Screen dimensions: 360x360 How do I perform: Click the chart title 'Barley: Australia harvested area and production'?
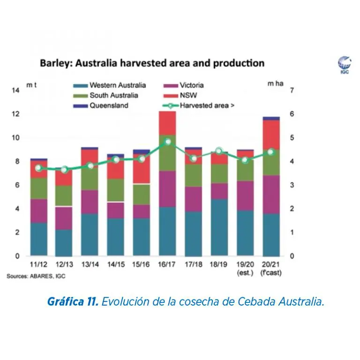[152, 63]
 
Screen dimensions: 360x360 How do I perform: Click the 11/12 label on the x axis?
[38, 264]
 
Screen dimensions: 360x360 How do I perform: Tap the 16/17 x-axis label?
[167, 264]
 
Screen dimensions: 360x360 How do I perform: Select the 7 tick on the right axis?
[292, 90]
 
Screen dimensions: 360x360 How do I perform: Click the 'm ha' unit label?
[276, 83]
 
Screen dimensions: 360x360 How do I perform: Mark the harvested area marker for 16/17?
[167, 141]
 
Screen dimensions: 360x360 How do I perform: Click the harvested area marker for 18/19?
[218, 151]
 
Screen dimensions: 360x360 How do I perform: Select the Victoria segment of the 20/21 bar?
[271, 195]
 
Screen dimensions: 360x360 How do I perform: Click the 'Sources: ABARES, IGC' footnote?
[36, 277]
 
